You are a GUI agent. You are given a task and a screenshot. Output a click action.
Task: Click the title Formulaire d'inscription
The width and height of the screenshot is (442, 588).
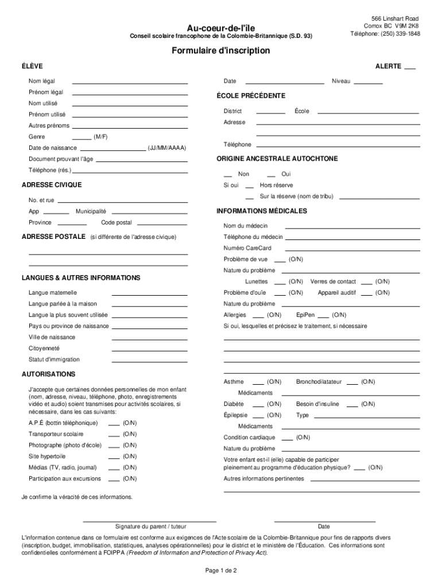220,51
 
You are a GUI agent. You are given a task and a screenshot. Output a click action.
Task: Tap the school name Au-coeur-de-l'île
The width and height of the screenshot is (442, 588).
220,28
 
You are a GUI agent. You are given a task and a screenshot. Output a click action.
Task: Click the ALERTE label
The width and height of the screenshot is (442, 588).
388,67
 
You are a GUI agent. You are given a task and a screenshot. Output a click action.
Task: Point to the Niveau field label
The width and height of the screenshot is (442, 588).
340,82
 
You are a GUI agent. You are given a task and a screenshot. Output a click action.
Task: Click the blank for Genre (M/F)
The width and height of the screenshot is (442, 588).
82,139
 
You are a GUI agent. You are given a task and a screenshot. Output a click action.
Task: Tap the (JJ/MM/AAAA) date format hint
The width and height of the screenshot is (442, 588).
167,148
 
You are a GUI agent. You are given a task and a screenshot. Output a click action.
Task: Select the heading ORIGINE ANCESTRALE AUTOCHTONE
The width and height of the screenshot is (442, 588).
277,158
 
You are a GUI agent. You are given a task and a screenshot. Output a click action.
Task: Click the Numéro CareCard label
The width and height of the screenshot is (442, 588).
247,248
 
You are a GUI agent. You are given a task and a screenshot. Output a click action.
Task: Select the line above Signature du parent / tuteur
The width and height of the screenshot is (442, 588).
142,521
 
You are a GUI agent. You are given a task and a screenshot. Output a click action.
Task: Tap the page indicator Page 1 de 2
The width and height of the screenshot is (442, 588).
220,571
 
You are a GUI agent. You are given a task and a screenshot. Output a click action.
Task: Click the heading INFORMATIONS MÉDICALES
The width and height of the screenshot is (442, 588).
262,211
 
